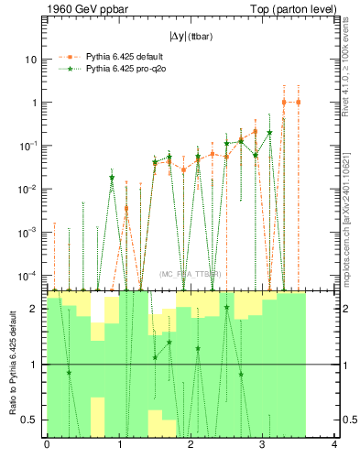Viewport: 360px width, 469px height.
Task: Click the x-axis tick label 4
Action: point(334,446)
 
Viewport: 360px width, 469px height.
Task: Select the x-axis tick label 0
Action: point(47,446)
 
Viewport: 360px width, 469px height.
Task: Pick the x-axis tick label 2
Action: point(191,446)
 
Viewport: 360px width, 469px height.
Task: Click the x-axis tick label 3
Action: point(262,446)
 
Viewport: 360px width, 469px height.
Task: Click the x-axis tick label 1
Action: point(118,446)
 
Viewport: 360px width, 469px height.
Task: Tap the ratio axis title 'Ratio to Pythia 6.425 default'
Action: point(12,364)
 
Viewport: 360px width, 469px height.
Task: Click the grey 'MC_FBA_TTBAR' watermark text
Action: point(190,274)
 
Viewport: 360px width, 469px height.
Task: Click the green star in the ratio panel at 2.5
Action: point(226,308)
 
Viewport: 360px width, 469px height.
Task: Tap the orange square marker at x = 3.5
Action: point(299,103)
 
